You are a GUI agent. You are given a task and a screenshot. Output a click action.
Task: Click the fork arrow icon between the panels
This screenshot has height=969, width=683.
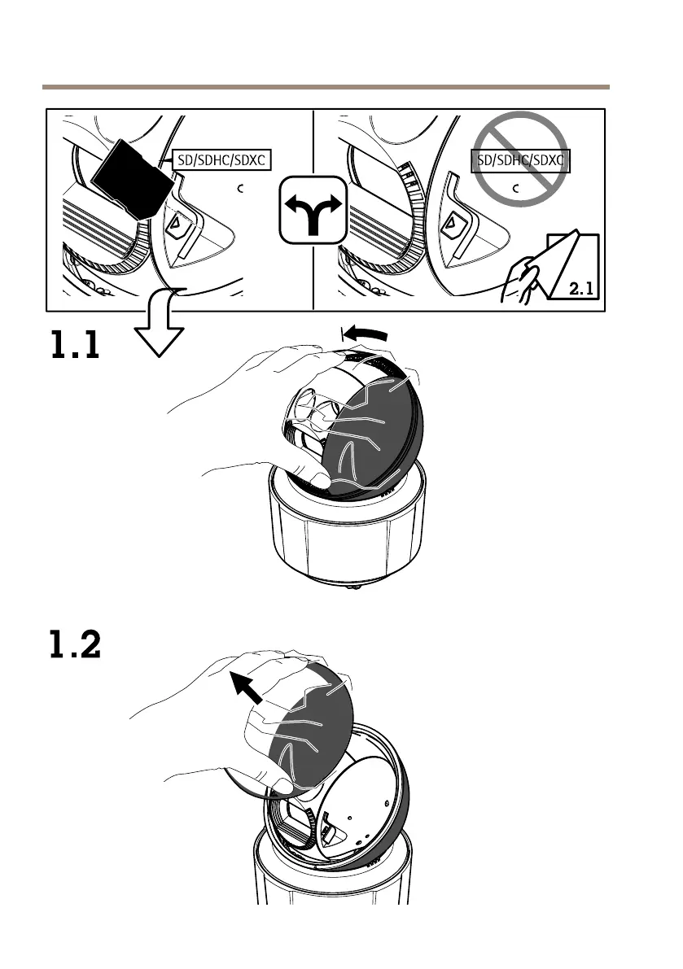click(313, 208)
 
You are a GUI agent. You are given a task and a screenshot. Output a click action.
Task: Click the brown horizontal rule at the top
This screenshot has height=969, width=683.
click(326, 86)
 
